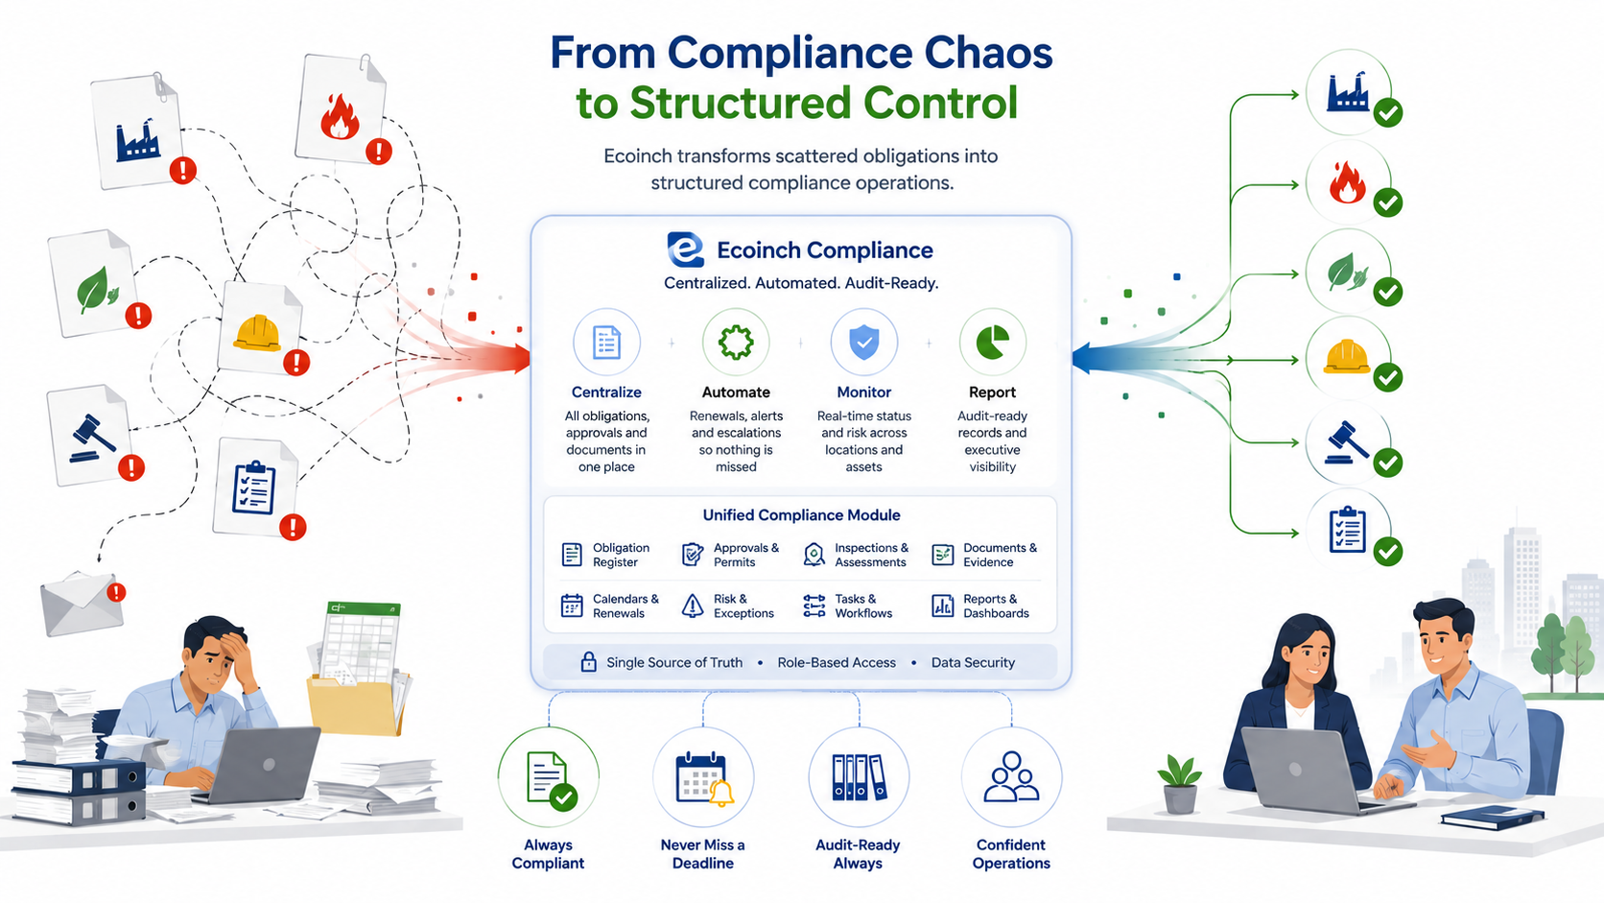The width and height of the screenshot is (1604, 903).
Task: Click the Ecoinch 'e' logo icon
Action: [x=685, y=250]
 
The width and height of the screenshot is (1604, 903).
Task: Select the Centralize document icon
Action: [x=606, y=342]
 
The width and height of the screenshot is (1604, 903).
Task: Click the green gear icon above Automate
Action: [x=736, y=342]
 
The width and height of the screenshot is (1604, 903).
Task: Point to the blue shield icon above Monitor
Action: [x=864, y=342]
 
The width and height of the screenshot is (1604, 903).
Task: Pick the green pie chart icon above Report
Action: [x=993, y=342]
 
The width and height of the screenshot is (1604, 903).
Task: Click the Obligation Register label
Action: [x=621, y=555]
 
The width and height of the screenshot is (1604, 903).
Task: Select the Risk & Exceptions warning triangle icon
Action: [x=693, y=606]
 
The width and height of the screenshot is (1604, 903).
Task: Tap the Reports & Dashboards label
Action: [x=996, y=606]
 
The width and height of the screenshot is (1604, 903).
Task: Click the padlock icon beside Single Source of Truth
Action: [x=589, y=662]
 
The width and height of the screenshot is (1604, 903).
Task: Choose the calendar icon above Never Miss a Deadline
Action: [x=702, y=777]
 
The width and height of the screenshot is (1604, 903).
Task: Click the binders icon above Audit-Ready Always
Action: [x=859, y=777]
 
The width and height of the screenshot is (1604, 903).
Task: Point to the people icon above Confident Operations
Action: [x=1011, y=776]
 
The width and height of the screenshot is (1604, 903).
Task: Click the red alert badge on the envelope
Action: [x=116, y=592]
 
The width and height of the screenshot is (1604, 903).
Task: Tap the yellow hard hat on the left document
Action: [x=257, y=333]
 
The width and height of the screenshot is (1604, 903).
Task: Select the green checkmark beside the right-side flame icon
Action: [x=1388, y=202]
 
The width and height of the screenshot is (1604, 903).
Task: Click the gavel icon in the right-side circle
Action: [x=1347, y=443]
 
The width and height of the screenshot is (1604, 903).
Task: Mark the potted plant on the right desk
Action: [x=1179, y=783]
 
